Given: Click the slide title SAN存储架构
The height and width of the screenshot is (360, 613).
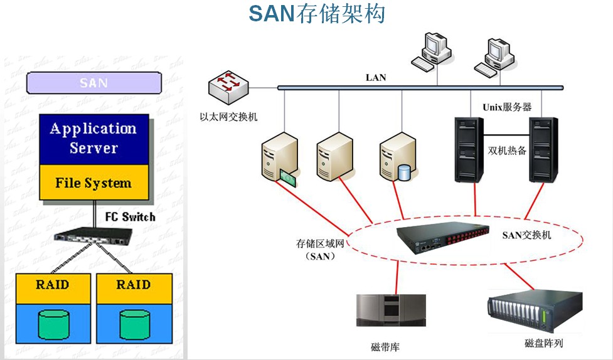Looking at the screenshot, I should click(317, 14).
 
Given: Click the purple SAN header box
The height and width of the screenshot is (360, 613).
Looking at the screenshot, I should click(94, 83).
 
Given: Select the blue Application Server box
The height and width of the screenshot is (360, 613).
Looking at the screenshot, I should click(94, 139).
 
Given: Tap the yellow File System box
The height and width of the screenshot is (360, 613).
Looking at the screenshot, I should click(94, 183).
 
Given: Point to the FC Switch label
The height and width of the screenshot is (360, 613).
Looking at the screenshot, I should click(130, 217).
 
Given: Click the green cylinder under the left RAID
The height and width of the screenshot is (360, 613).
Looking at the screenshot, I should click(53, 322).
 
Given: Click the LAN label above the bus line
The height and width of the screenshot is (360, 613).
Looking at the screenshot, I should click(376, 78).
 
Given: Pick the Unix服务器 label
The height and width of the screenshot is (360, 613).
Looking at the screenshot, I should click(507, 107).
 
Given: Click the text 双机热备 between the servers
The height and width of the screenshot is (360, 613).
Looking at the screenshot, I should click(507, 151).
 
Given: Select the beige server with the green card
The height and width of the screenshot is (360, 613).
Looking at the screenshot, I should click(278, 162).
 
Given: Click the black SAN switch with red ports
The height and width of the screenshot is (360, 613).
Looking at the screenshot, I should click(444, 238).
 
